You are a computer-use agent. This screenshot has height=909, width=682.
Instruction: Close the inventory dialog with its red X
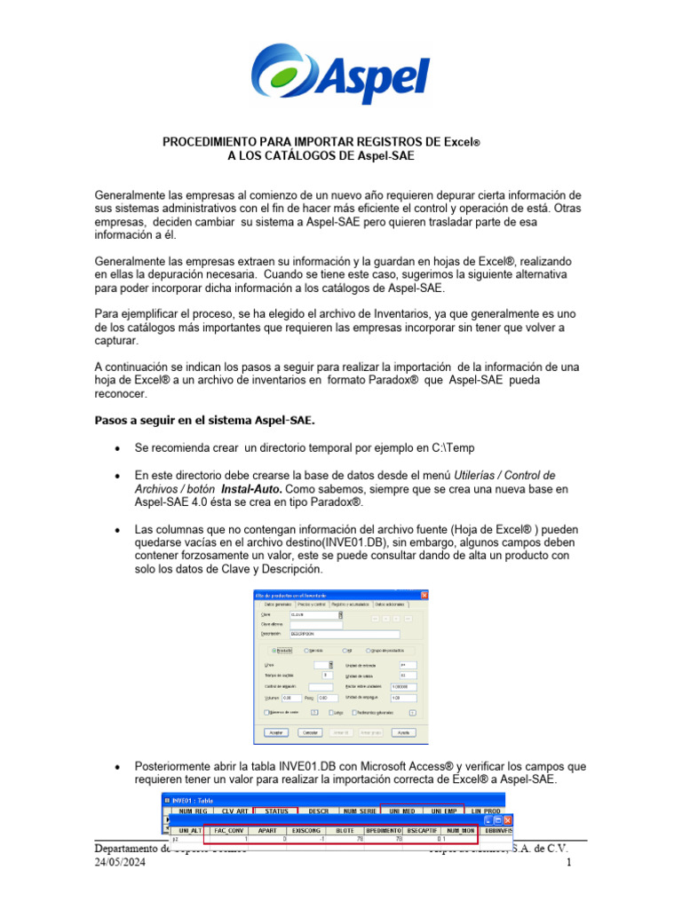tap(424, 595)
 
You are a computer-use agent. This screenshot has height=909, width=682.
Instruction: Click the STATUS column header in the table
tap(277, 810)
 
